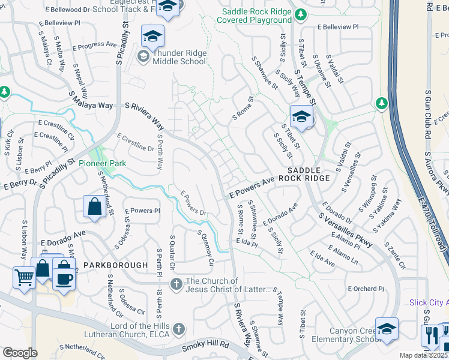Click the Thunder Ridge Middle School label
point(179,57)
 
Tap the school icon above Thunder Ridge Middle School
point(152,37)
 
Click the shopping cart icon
point(24,278)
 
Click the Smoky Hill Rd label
point(206,346)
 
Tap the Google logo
point(20,353)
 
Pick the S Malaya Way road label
point(91,100)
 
